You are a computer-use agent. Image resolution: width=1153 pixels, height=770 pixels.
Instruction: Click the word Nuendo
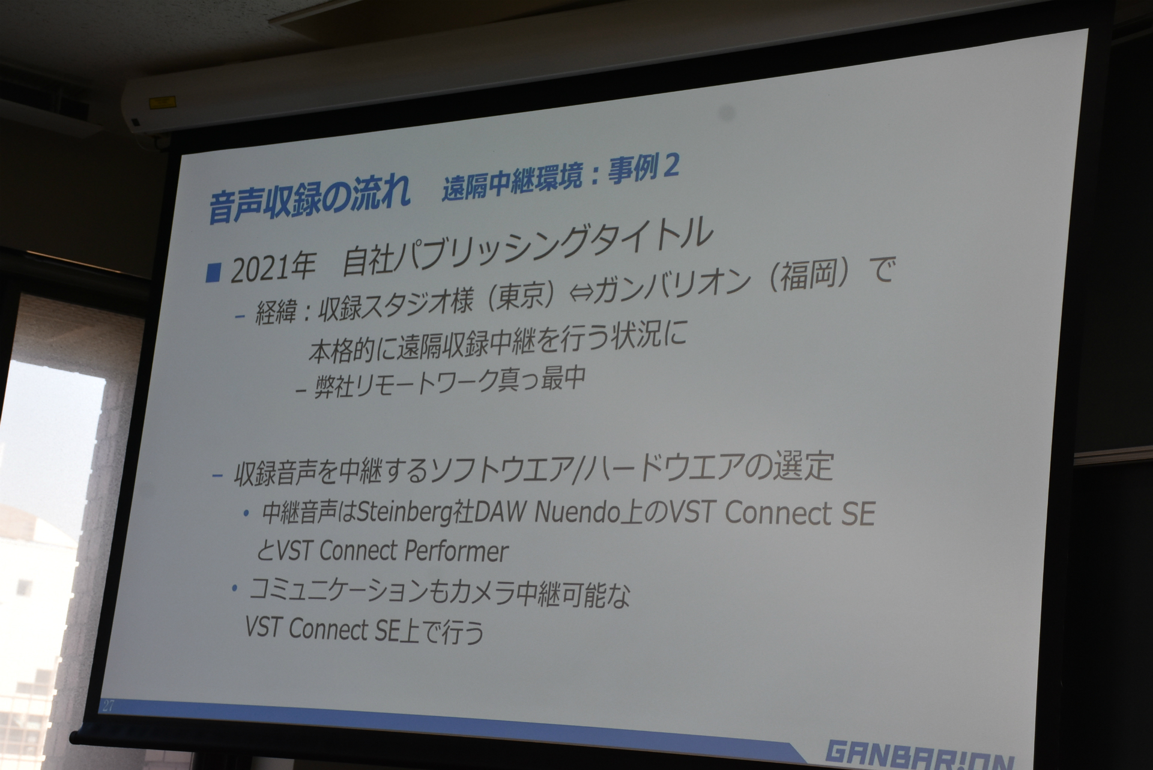(577, 513)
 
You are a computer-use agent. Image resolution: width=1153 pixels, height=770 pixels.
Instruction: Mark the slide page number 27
(108, 705)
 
